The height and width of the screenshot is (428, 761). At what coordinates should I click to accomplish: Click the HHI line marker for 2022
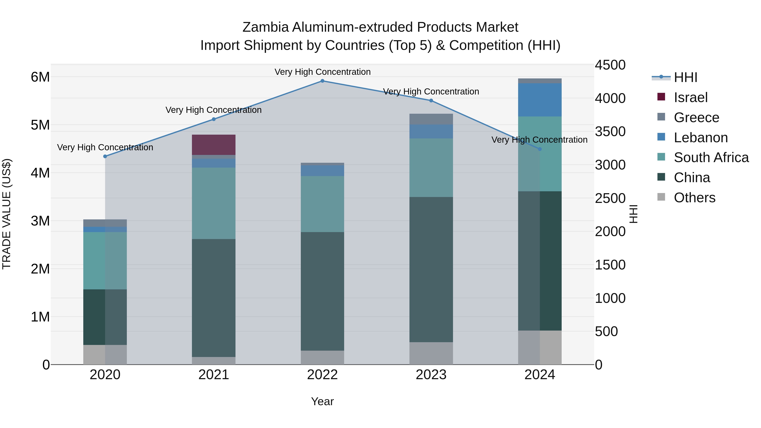[322, 81]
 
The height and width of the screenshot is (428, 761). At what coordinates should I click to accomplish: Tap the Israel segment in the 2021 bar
[214, 145]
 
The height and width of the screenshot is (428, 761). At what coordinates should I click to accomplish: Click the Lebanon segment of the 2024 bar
[540, 100]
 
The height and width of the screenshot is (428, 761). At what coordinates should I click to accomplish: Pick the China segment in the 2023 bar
[431, 269]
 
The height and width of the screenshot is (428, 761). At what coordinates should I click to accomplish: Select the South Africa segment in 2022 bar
[322, 204]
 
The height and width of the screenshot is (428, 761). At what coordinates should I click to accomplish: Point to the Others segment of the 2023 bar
[431, 353]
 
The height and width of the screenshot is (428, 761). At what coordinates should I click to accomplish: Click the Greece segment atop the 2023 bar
[431, 119]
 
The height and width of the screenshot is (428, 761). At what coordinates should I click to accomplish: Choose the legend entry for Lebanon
[701, 138]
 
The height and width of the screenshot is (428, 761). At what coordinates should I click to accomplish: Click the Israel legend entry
[690, 97]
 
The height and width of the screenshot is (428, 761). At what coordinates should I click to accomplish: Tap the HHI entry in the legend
[685, 77]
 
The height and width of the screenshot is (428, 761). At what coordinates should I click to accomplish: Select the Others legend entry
[694, 198]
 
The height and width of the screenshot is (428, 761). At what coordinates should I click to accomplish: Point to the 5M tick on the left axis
[40, 125]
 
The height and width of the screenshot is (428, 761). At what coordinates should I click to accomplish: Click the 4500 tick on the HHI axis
[610, 65]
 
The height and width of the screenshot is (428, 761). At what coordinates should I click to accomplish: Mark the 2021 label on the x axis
[214, 375]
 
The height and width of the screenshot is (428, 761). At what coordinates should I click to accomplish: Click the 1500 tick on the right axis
[610, 265]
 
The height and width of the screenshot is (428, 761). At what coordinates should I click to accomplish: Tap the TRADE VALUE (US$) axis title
[7, 214]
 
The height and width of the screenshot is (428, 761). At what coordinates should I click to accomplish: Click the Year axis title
[322, 401]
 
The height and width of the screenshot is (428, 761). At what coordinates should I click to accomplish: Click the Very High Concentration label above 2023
[431, 92]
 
